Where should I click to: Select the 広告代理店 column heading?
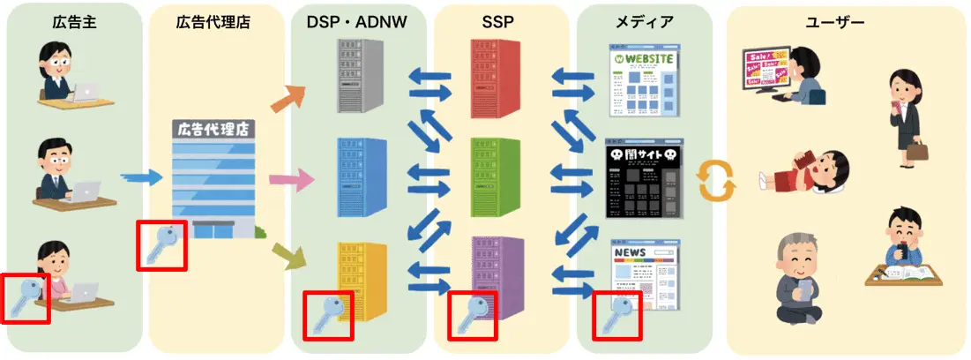tap(213, 22)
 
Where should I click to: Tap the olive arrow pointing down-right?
tap(288, 258)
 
